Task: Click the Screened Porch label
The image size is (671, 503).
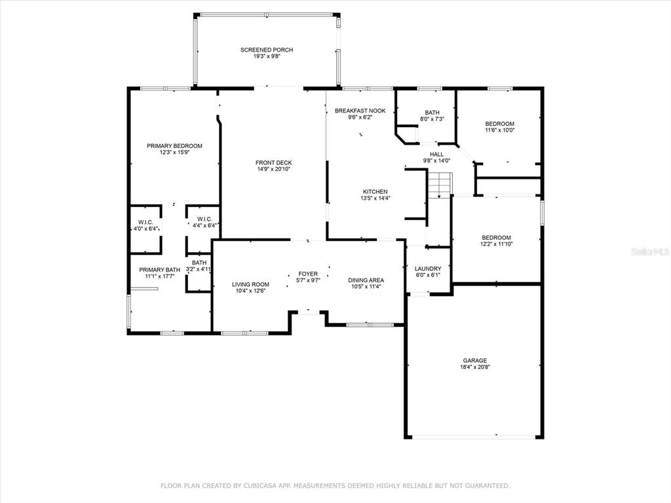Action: pyautogui.click(x=267, y=50)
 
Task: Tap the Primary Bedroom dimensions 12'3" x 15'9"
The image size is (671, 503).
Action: pyautogui.click(x=174, y=152)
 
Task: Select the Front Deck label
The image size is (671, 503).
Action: pyautogui.click(x=273, y=162)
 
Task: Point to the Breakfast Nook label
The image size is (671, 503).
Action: pyautogui.click(x=360, y=110)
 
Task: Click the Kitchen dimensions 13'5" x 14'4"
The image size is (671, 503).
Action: pyautogui.click(x=375, y=198)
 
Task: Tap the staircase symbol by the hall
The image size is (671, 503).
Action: pyautogui.click(x=440, y=185)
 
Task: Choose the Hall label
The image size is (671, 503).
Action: pyautogui.click(x=436, y=154)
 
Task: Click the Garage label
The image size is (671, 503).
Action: pyautogui.click(x=474, y=360)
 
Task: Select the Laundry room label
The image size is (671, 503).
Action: pyautogui.click(x=428, y=269)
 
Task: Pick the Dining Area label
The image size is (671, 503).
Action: pyautogui.click(x=366, y=280)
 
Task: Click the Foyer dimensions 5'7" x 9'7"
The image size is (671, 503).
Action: pyautogui.click(x=308, y=280)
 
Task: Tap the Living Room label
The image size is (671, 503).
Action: pyautogui.click(x=250, y=284)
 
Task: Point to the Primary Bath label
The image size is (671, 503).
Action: pyautogui.click(x=160, y=270)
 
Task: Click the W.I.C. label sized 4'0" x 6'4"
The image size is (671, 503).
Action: pyautogui.click(x=145, y=223)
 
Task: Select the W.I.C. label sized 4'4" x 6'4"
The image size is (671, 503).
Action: pyautogui.click(x=204, y=219)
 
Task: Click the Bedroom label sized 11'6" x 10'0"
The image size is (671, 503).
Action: pyautogui.click(x=499, y=124)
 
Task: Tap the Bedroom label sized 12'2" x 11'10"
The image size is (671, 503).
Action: pyautogui.click(x=497, y=238)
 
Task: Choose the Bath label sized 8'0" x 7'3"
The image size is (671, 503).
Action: pyautogui.click(x=432, y=113)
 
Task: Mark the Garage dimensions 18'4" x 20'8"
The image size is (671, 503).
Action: pyautogui.click(x=474, y=367)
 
